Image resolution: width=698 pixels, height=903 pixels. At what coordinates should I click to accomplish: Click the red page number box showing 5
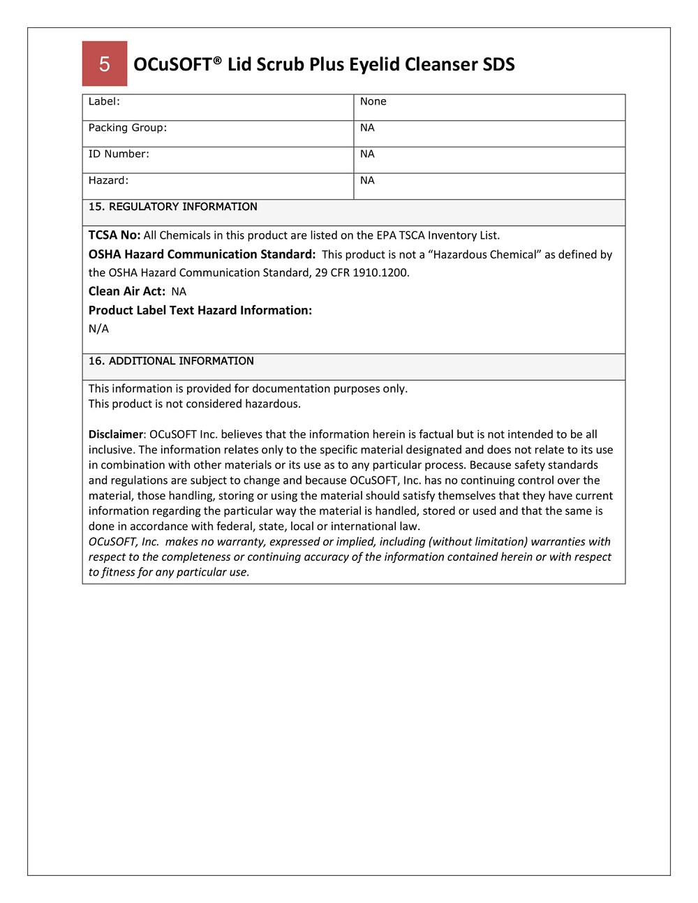105,64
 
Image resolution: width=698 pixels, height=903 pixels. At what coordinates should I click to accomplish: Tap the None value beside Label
373,102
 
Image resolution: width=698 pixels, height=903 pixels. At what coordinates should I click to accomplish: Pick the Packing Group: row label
128,128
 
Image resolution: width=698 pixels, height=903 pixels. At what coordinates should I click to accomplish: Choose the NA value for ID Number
367,154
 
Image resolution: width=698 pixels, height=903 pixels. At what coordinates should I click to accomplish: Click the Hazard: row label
108,181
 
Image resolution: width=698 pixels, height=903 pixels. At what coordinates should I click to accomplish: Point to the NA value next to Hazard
367,181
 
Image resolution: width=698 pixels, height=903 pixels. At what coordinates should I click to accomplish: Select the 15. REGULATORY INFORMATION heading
172,207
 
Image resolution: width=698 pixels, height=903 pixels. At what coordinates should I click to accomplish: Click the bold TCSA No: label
114,235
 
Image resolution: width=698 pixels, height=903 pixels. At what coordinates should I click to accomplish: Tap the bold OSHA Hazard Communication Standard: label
202,255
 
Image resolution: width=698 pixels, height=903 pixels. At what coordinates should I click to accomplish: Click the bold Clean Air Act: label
127,292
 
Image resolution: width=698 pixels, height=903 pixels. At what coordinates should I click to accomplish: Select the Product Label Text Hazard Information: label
200,311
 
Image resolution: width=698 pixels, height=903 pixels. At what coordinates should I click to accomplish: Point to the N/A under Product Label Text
98,329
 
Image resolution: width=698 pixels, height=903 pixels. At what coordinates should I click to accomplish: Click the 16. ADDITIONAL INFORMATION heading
171,361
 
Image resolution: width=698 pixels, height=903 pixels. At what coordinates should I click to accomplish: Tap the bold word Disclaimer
116,434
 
